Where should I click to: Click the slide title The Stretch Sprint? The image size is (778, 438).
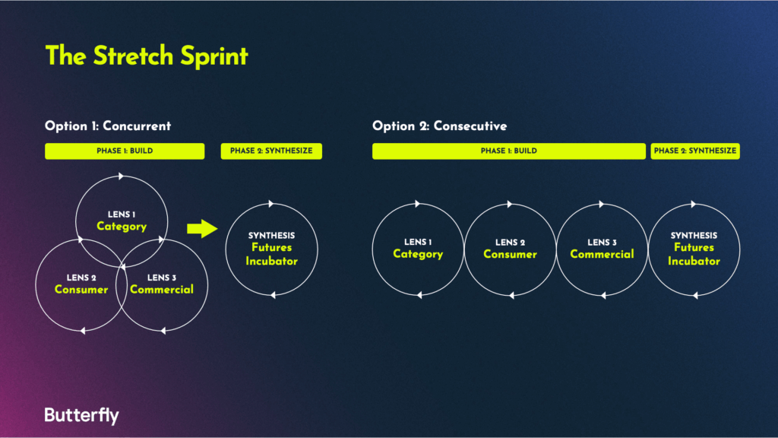[147, 56]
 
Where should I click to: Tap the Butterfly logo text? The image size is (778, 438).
[82, 415]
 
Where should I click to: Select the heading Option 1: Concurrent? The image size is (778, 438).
[108, 126]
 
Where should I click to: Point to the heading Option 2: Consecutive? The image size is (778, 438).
[440, 126]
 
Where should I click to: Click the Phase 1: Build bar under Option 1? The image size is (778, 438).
[125, 151]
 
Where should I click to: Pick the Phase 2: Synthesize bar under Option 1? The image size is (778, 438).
[271, 151]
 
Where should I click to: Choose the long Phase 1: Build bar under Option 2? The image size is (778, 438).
[509, 151]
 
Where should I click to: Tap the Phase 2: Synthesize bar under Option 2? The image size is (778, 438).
[695, 151]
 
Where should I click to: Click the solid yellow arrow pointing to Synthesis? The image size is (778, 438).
[202, 228]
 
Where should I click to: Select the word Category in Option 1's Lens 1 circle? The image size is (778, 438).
[122, 227]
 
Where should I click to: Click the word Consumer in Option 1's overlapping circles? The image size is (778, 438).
[81, 290]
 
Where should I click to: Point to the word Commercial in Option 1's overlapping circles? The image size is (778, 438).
[162, 290]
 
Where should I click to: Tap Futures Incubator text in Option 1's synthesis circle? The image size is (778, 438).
[271, 254]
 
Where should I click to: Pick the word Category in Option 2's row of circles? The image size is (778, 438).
[418, 254]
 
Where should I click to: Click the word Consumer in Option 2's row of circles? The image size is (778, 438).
[510, 254]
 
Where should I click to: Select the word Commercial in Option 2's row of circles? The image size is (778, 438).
[602, 254]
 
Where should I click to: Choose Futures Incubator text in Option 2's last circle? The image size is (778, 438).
[694, 254]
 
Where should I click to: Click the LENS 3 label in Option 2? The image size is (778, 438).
[602, 243]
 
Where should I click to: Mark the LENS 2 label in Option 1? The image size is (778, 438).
[81, 278]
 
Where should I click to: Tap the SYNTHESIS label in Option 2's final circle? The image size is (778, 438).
[694, 236]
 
